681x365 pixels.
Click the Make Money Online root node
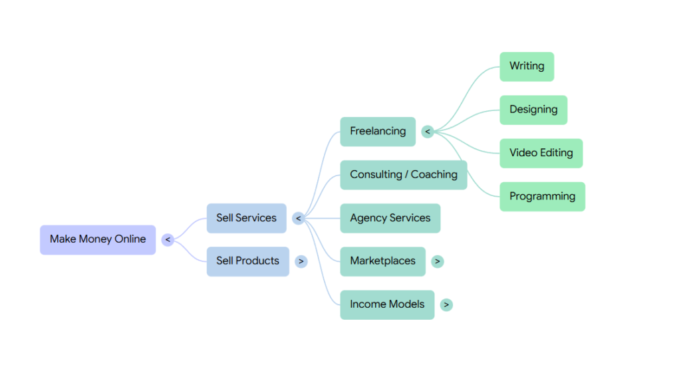point(98,239)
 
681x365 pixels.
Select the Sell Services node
point(246,218)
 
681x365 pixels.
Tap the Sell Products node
point(247,261)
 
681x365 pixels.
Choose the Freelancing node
point(378,132)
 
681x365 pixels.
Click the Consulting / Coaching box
point(404,175)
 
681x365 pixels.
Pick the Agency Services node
point(390,218)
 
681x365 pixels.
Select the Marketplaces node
point(382,261)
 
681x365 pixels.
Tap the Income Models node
point(387,304)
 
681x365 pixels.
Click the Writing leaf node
point(527,66)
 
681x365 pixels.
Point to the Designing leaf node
point(533,110)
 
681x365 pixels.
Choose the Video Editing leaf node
point(541,153)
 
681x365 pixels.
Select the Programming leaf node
point(542,197)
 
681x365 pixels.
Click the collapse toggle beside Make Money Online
point(168,239)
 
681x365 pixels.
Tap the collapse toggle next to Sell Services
point(299,218)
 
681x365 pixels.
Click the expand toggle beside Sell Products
point(301,261)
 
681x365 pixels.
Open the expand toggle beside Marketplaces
point(437,261)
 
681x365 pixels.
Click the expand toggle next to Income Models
point(446,304)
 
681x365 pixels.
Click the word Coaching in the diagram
point(434,175)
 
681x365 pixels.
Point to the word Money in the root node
point(95,239)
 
